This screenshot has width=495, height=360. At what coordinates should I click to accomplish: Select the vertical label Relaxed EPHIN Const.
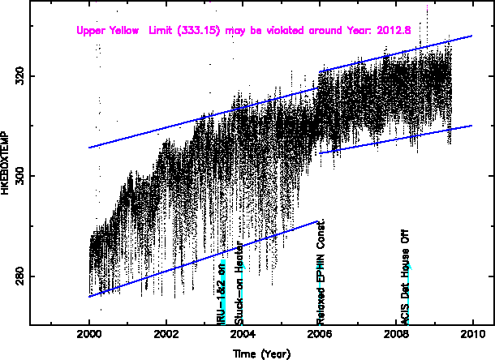pyautogui.click(x=321, y=272)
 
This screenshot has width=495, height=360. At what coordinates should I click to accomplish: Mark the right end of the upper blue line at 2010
pyautogui.click(x=471, y=36)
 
